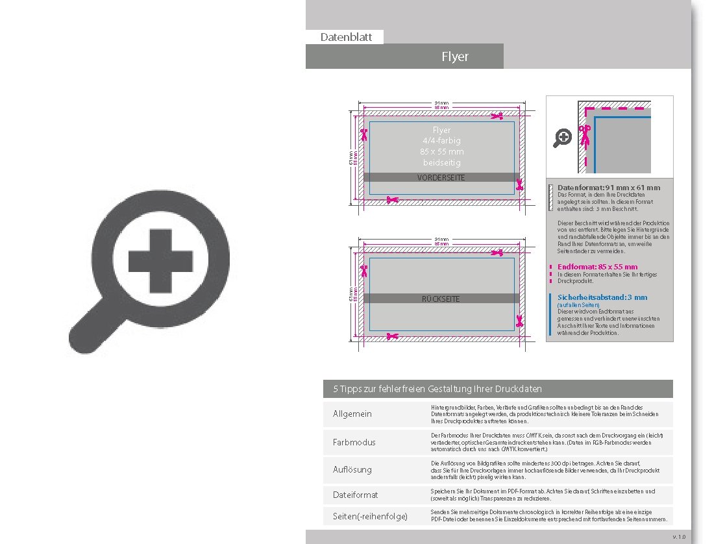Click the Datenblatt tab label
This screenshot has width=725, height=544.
346,37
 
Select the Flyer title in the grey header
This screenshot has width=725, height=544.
454,56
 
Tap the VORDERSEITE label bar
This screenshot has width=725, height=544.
441,177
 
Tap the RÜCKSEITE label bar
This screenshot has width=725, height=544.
441,299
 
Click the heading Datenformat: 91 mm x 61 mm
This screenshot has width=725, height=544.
608,188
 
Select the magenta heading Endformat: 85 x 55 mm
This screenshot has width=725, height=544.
597,267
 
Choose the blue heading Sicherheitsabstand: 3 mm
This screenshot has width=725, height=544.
602,297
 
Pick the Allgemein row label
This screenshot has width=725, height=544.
352,414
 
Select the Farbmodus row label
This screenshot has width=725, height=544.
354,442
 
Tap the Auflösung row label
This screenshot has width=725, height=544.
352,469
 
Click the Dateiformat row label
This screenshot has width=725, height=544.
355,495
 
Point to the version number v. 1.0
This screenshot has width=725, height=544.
679,537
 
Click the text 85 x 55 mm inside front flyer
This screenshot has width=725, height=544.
441,151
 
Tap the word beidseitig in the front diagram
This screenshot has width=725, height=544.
441,162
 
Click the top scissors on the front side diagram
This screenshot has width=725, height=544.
497,116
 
